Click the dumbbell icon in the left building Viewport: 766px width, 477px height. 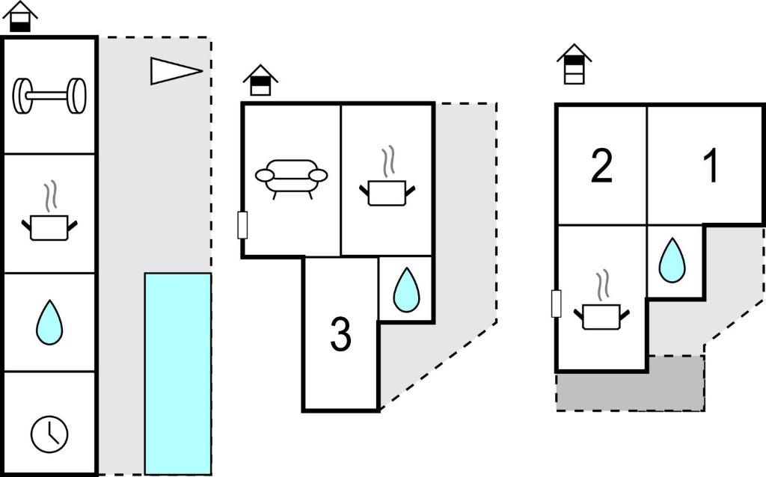(x=50, y=96)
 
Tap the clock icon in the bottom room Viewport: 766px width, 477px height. (x=49, y=433)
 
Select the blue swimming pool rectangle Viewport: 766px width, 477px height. (x=177, y=373)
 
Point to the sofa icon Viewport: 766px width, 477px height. (x=291, y=177)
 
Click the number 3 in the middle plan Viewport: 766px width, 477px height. (x=340, y=336)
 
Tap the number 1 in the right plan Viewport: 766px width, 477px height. (x=711, y=166)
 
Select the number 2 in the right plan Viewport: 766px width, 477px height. (x=601, y=166)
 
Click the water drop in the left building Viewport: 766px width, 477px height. (x=49, y=321)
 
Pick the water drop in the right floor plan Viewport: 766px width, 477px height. (x=671, y=260)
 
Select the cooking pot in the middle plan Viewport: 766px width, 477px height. (x=386, y=182)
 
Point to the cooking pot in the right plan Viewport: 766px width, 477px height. (x=603, y=305)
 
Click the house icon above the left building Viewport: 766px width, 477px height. (x=22, y=16)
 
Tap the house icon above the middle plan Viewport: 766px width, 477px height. (x=260, y=80)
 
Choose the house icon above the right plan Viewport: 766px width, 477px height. (x=574, y=64)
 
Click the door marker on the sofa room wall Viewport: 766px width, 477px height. (x=242, y=225)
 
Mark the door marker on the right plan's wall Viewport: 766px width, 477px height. (x=556, y=304)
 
